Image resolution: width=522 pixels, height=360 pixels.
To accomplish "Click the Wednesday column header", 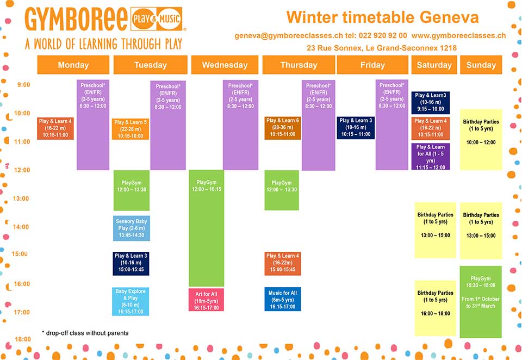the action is pos(225,65).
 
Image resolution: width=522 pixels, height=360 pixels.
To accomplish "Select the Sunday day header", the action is pos(481,65).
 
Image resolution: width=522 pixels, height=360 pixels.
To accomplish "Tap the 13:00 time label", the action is pos(21,198).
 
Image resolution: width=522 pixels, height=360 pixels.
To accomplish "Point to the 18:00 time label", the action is pos(23,339).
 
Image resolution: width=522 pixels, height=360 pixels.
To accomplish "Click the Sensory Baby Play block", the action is pos(132,228).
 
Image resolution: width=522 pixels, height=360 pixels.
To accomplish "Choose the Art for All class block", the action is pos(206,300).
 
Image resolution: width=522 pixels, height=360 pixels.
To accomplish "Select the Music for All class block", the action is pos(283,299).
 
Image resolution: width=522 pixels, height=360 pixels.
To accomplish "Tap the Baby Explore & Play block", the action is pos(130,301).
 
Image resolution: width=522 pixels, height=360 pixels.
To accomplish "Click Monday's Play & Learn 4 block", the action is pos(55,128).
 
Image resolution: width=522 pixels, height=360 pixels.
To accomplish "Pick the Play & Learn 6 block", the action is pos(283,128).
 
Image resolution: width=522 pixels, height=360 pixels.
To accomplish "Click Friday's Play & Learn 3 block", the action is pos(356,128).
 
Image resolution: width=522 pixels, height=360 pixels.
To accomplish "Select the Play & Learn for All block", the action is pos(431,157).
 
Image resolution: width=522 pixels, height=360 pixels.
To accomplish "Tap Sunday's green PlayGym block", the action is pos(481,302).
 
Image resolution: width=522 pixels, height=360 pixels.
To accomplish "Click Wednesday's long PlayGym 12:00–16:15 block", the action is pos(207,228).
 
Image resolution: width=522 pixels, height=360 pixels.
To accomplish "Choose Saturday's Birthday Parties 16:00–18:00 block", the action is pos(435,308).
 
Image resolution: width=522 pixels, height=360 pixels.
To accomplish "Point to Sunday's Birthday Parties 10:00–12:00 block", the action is pos(481,140).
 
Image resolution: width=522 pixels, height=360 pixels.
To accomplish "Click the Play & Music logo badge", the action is pos(157,18).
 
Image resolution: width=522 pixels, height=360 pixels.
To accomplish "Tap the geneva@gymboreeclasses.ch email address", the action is pos(289,36).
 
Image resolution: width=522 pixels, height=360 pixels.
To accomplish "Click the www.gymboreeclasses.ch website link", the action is pos(458,36).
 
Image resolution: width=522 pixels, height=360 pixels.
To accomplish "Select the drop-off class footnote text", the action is pos(85,333).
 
